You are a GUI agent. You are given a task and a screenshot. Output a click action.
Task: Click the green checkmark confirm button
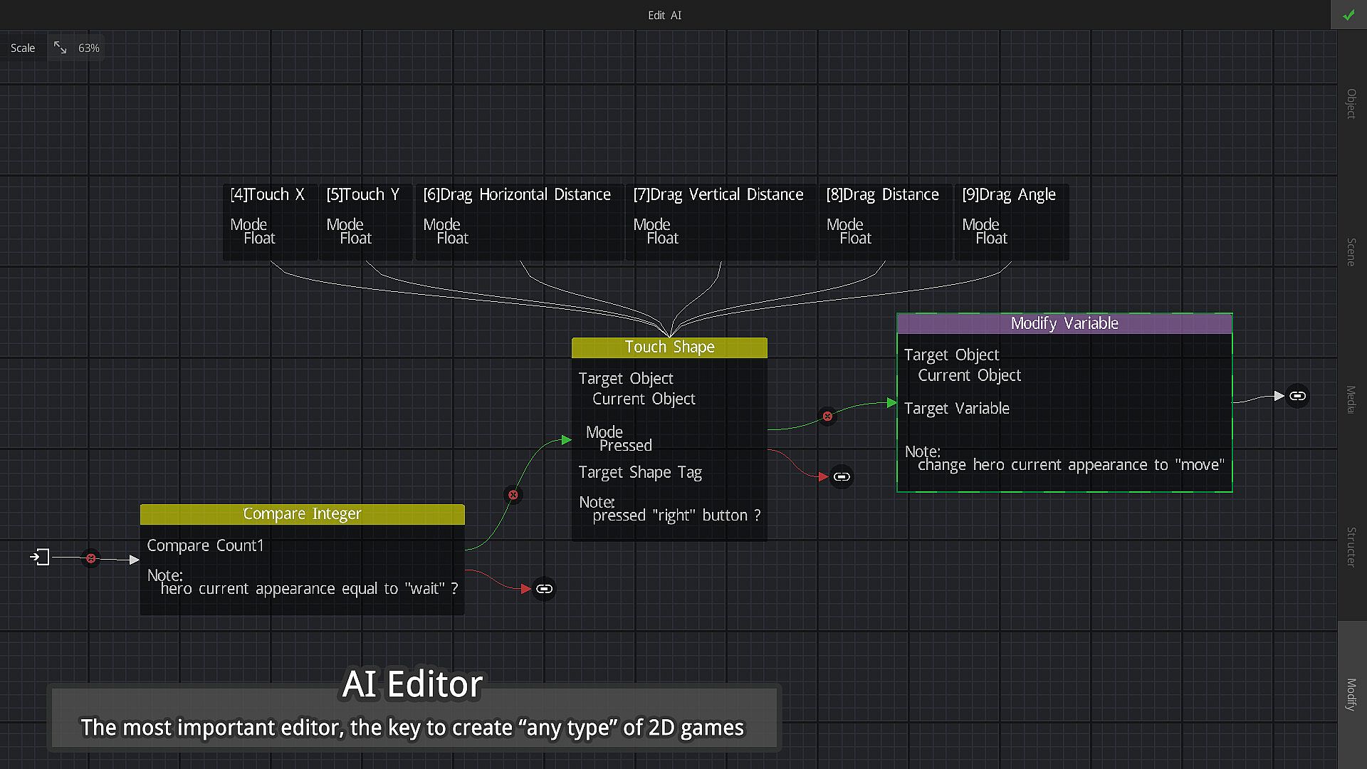coord(1348,15)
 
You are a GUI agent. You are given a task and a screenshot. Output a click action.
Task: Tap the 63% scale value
coord(88,48)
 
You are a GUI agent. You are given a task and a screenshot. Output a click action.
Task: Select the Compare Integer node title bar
coord(302,514)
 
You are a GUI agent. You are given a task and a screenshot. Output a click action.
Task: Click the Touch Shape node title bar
coord(669,347)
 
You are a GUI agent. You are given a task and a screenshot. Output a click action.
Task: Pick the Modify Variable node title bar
coord(1064,324)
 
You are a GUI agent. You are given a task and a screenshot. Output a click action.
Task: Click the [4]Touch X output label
coord(267,194)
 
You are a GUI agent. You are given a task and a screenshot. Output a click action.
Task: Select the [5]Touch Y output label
coord(362,194)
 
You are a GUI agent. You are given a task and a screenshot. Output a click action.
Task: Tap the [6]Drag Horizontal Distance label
coord(516,194)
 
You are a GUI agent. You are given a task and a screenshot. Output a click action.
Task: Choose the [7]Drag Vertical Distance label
coord(718,194)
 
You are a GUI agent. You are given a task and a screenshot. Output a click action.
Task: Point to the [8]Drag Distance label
coord(882,194)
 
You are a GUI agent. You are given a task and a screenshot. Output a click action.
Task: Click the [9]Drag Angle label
coord(1008,194)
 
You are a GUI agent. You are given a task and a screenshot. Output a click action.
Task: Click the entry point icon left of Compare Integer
coord(40,557)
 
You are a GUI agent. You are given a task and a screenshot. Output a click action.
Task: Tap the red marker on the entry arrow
coord(91,558)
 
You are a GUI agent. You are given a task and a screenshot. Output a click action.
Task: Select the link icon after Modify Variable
coord(1297,396)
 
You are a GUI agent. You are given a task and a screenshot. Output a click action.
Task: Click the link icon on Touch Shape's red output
coord(842,477)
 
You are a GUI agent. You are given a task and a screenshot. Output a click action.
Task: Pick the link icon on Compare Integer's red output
coord(544,589)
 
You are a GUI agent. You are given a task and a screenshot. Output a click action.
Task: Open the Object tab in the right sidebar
coord(1351,103)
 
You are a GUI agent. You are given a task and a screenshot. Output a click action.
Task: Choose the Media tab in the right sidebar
coord(1351,399)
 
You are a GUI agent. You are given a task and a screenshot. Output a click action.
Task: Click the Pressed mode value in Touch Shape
coord(625,446)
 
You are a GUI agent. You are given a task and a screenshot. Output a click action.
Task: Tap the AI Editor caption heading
coord(412,684)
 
